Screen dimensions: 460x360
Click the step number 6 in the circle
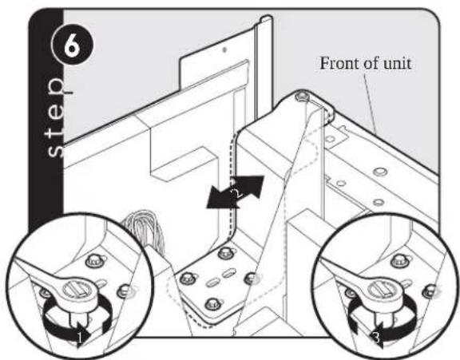(x=72, y=46)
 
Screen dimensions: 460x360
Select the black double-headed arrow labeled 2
(x=236, y=192)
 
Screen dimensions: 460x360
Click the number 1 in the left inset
(x=80, y=337)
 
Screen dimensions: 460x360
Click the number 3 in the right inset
(x=377, y=337)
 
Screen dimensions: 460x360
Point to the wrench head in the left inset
(x=77, y=291)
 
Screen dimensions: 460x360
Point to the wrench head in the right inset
(x=383, y=292)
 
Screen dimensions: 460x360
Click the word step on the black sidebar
(x=57, y=117)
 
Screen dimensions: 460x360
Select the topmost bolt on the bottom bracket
(x=224, y=252)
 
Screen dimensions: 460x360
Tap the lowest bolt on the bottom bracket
(x=212, y=304)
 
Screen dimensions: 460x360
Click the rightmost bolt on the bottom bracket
(x=251, y=278)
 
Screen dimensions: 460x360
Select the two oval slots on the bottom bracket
(x=220, y=279)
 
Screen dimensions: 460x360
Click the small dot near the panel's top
(x=224, y=49)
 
